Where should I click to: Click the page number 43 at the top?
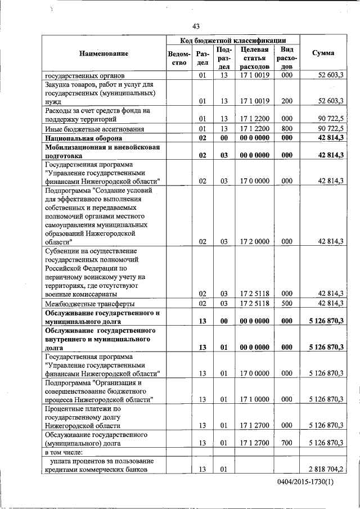(196, 26)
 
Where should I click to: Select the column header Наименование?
(103, 53)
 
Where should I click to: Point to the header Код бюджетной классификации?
(232, 40)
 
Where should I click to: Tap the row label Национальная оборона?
(83, 138)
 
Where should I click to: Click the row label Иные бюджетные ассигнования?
(89, 129)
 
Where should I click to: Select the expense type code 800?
(287, 129)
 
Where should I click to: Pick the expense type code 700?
(287, 443)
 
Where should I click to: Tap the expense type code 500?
(287, 304)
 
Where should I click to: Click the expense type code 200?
(287, 102)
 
